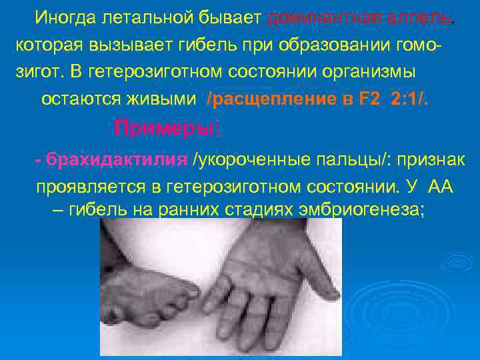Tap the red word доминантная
[323, 18]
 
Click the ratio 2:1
[409, 99]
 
